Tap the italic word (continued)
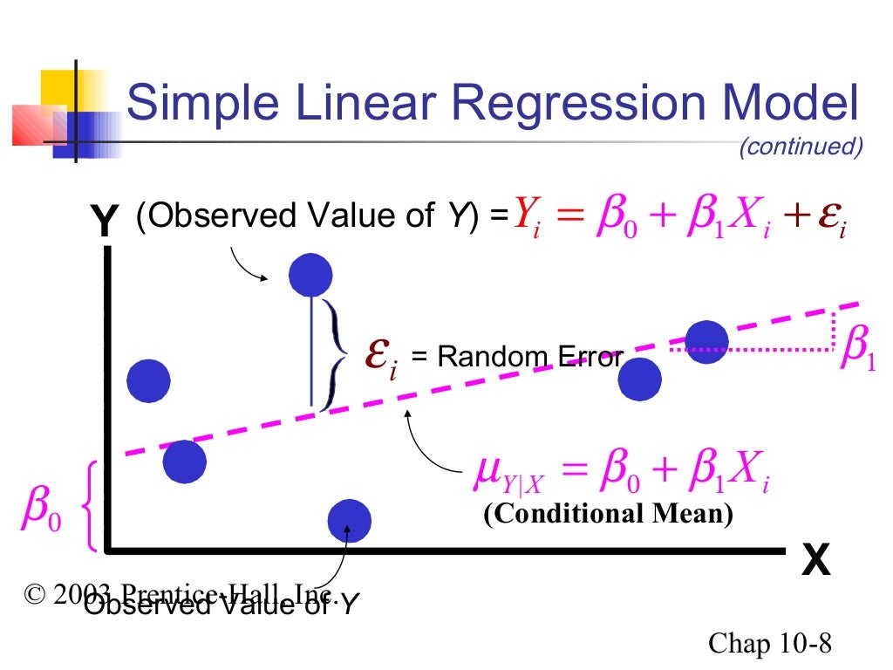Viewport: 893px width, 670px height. (800, 147)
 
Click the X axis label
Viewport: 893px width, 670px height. (815, 561)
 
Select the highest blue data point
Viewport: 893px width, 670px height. (310, 275)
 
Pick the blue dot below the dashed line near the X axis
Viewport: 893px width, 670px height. (349, 521)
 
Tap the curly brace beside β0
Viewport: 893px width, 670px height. (88, 508)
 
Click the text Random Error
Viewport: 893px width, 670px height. (530, 356)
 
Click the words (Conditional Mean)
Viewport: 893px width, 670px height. (608, 514)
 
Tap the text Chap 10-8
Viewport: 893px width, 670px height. (770, 644)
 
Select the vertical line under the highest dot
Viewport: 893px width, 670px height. (311, 349)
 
